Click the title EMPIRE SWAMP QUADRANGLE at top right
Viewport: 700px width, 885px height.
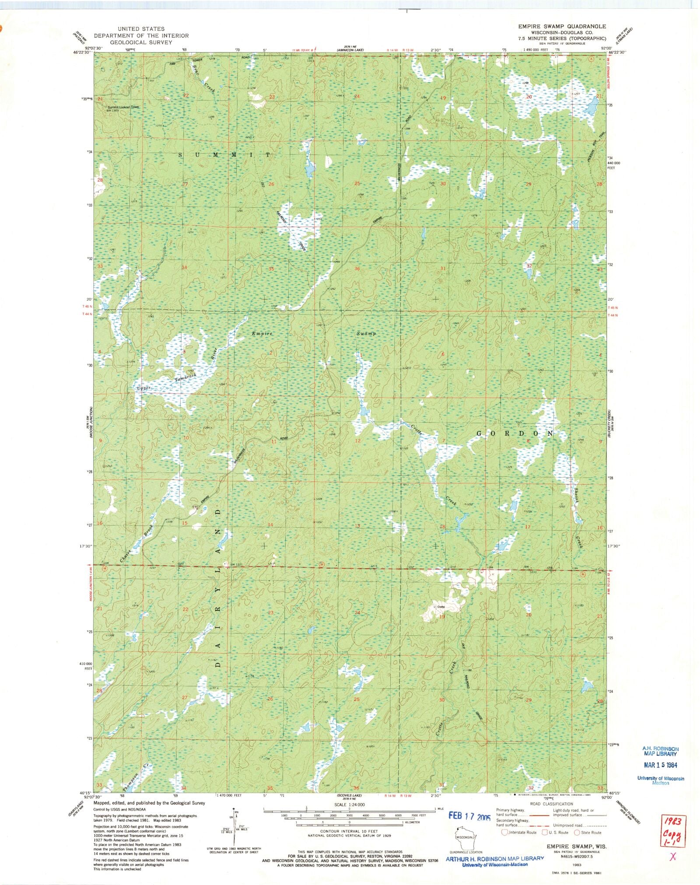click(x=562, y=26)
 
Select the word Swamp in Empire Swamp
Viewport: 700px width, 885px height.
click(x=366, y=333)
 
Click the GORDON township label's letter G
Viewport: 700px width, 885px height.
click(x=479, y=434)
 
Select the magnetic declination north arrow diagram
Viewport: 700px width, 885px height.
click(x=235, y=827)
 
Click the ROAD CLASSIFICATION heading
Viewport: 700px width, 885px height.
click(x=551, y=804)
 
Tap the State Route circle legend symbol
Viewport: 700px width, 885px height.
click(x=577, y=833)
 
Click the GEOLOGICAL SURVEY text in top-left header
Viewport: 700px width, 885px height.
click(x=141, y=42)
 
